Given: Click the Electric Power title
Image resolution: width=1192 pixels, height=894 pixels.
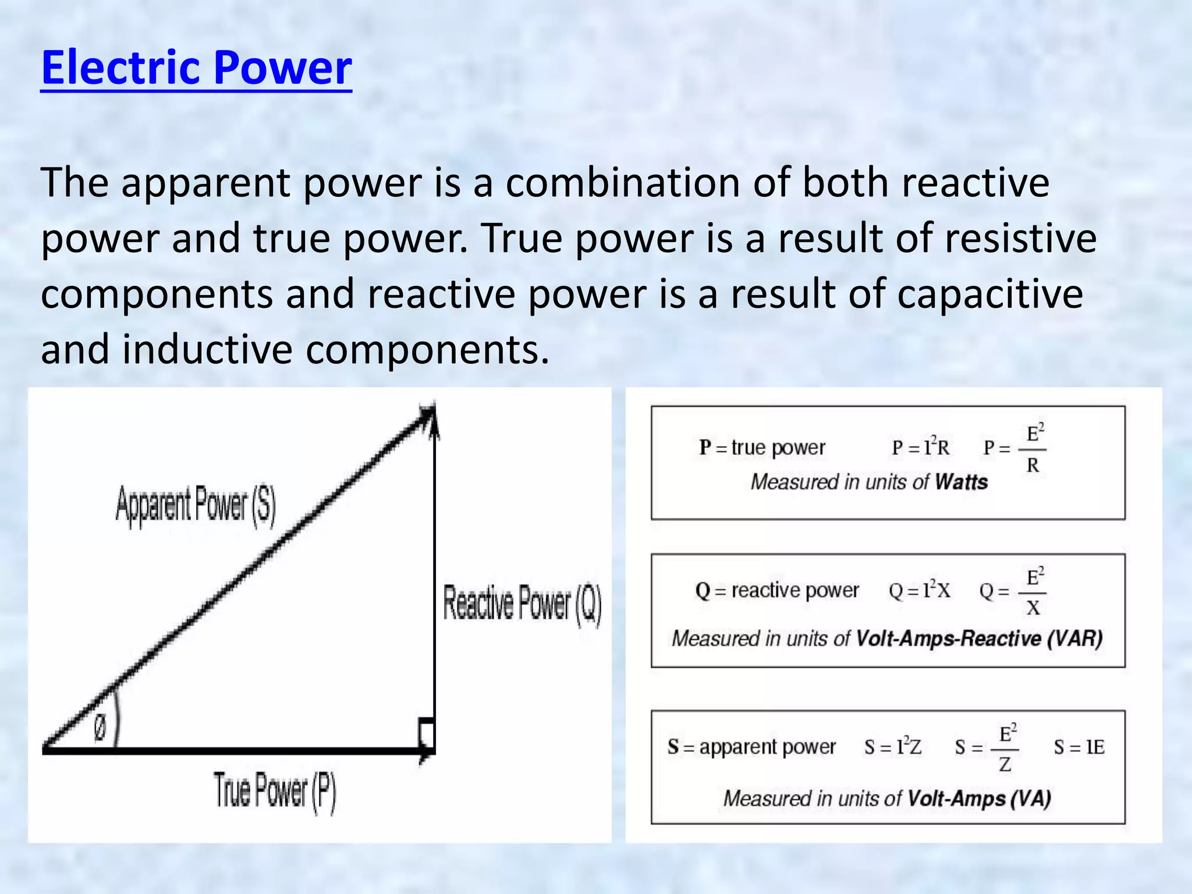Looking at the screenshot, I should (196, 68).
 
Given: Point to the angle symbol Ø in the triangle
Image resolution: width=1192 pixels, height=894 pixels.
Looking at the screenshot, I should (100, 728).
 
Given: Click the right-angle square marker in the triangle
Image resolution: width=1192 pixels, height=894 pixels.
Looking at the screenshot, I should (427, 733).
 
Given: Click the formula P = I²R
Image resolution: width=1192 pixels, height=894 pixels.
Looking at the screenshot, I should (920, 448).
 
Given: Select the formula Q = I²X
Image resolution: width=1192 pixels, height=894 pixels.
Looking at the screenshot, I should (919, 591).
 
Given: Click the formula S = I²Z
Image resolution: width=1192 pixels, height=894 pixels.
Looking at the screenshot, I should (893, 747).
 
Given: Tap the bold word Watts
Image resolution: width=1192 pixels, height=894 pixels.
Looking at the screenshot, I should (961, 482).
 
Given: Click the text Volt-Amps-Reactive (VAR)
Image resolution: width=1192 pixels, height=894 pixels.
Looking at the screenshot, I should (979, 638).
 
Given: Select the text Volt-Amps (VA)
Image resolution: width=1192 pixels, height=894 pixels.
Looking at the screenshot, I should (979, 799).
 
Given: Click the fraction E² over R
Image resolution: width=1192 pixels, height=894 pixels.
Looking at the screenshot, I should (1033, 449).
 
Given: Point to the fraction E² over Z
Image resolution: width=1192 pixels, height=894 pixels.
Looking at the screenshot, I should (1005, 748).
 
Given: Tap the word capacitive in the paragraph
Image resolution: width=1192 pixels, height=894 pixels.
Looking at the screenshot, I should (989, 294).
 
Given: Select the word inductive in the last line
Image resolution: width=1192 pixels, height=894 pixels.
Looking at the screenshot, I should (207, 350).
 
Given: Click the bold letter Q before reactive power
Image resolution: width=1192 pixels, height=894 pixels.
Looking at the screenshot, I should (703, 591).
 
